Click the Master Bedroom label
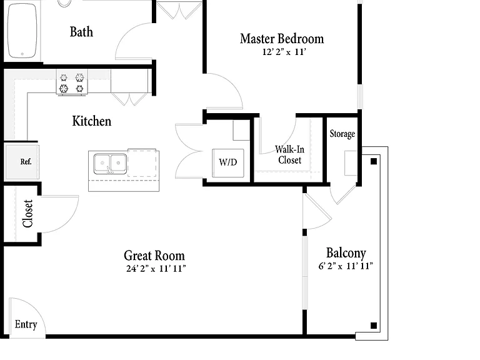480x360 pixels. pos(282,39)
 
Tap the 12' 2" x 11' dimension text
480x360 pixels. pos(284,52)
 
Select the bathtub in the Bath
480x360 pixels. pos(22,31)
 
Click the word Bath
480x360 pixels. pos(81,32)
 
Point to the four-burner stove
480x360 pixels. pos(72,82)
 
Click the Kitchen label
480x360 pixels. pos(91,121)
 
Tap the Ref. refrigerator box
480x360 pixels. pos(22,162)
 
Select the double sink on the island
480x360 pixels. pos(110,164)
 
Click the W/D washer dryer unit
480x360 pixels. pos(228,163)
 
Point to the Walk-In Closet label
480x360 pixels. pos(289,154)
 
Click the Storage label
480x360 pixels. pos(342,134)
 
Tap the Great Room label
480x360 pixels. pos(154,256)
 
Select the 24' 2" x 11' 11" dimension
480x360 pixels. pos(156,269)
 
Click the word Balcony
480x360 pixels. pos(346,253)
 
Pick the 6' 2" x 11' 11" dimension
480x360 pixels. pos(346,266)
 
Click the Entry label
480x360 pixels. pos(26,324)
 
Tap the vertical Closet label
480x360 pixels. pos(27,213)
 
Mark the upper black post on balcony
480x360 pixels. pos(374,161)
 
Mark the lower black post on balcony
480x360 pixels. pos(374,326)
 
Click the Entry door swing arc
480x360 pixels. pos(36,309)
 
